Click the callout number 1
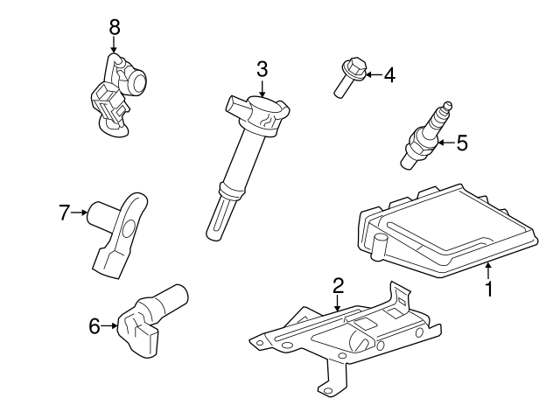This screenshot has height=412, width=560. [x=489, y=289]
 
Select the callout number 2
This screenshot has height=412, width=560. [x=338, y=285]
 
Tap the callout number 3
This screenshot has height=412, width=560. [x=262, y=69]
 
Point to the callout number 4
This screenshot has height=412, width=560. [x=389, y=75]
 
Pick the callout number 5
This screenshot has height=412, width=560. [x=462, y=143]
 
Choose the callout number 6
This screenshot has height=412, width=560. [x=94, y=326]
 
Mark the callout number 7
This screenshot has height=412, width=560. [x=64, y=213]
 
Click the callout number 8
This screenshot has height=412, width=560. [x=115, y=27]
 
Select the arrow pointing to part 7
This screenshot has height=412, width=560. [x=79, y=213]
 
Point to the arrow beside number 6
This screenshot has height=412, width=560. [x=109, y=325]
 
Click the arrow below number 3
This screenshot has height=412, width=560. [x=262, y=88]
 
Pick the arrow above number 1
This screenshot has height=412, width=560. [x=488, y=270]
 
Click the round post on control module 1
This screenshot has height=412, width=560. [x=379, y=246]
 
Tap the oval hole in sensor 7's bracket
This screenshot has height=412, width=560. [x=129, y=228]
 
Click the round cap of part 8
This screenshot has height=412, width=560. [x=138, y=81]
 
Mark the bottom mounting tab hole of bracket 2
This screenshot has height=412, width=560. [x=324, y=390]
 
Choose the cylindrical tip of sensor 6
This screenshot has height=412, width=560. [x=173, y=299]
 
